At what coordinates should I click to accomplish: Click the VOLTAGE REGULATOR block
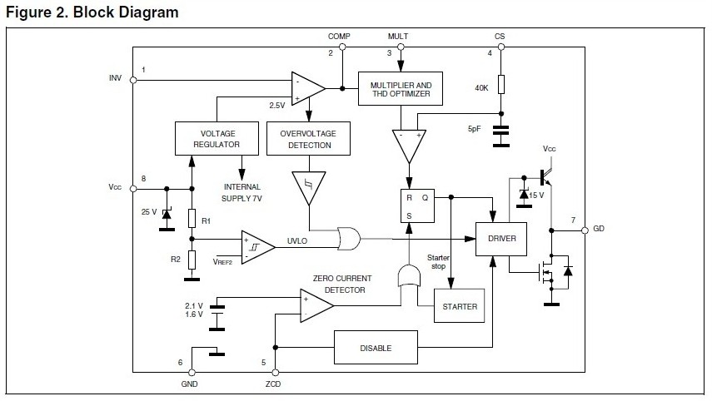pyautogui.click(x=217, y=138)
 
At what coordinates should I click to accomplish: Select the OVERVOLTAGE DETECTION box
pyautogui.click(x=308, y=138)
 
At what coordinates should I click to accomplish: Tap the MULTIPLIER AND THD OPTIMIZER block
pyautogui.click(x=401, y=88)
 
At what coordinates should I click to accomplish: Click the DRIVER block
pyautogui.click(x=501, y=239)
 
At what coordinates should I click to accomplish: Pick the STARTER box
pyautogui.click(x=460, y=305)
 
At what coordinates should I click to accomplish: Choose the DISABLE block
pyautogui.click(x=376, y=348)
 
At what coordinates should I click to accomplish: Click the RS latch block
pyautogui.click(x=417, y=206)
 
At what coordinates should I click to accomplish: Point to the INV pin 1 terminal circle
pyautogui.click(x=133, y=81)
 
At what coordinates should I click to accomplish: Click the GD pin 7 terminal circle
pyautogui.click(x=585, y=230)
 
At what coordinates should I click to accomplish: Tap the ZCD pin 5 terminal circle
pyautogui.click(x=275, y=373)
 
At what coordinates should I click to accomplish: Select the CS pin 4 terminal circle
pyautogui.click(x=501, y=47)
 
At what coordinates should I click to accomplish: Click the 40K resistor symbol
pyautogui.click(x=501, y=84)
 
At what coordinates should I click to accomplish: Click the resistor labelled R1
pyautogui.click(x=192, y=218)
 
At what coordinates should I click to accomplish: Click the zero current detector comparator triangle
pyautogui.click(x=317, y=305)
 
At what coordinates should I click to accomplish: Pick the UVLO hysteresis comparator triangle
pyautogui.click(x=258, y=247)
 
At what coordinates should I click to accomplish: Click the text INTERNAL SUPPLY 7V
pyautogui.click(x=242, y=192)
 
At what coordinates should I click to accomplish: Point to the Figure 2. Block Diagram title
pyautogui.click(x=92, y=12)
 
